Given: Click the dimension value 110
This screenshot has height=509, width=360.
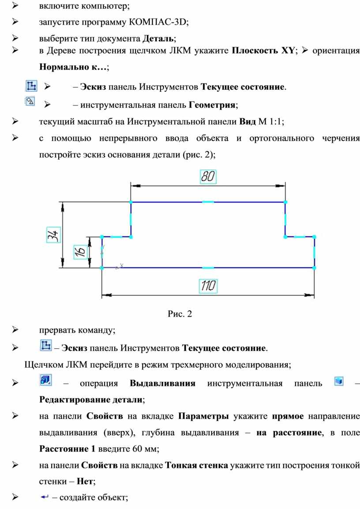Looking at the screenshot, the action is tap(208, 286).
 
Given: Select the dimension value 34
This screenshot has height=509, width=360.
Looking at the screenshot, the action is tap(53, 235).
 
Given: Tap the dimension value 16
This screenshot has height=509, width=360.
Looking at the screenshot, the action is tap(80, 251).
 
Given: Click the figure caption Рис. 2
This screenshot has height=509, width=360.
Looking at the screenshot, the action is tap(180, 314).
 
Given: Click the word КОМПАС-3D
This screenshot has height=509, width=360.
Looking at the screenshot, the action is tap(158, 22).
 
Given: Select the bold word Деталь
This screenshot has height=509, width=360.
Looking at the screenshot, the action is tap(158, 39).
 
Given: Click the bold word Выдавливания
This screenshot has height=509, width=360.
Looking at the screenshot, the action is tap(162, 383).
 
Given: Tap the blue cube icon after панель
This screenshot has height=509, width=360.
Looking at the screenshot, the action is tap(338, 381).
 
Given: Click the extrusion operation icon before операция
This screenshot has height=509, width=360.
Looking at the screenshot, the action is tap(45, 380).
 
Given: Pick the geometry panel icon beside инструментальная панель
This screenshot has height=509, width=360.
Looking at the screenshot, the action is tap(30, 101).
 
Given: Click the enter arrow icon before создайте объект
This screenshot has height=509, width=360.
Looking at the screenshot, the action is tap(45, 497).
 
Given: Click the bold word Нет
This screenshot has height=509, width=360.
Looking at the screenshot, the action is tap(85, 481).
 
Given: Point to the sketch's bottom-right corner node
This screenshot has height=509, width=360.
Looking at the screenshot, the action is tap(314, 268).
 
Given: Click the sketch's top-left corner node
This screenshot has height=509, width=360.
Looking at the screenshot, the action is tap(131, 202).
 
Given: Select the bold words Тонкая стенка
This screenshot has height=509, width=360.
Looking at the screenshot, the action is tap(196, 465).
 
